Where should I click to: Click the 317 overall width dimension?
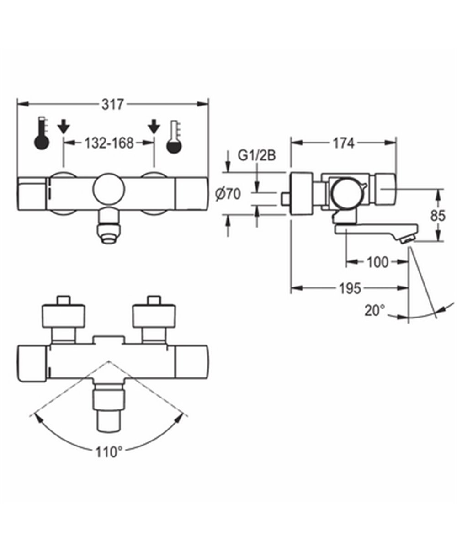112,104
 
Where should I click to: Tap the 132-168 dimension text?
109,143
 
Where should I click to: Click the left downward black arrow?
64,125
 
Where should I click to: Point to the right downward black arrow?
154,125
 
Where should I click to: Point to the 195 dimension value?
351,288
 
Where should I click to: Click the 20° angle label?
375,311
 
